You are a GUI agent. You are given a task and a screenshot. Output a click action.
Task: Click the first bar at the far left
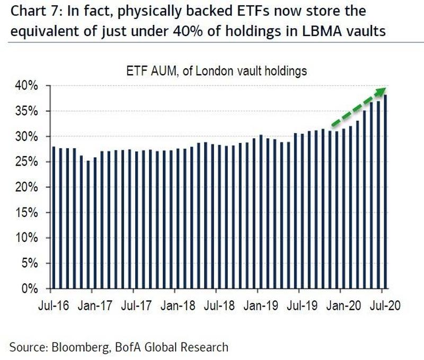pos(54,218)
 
